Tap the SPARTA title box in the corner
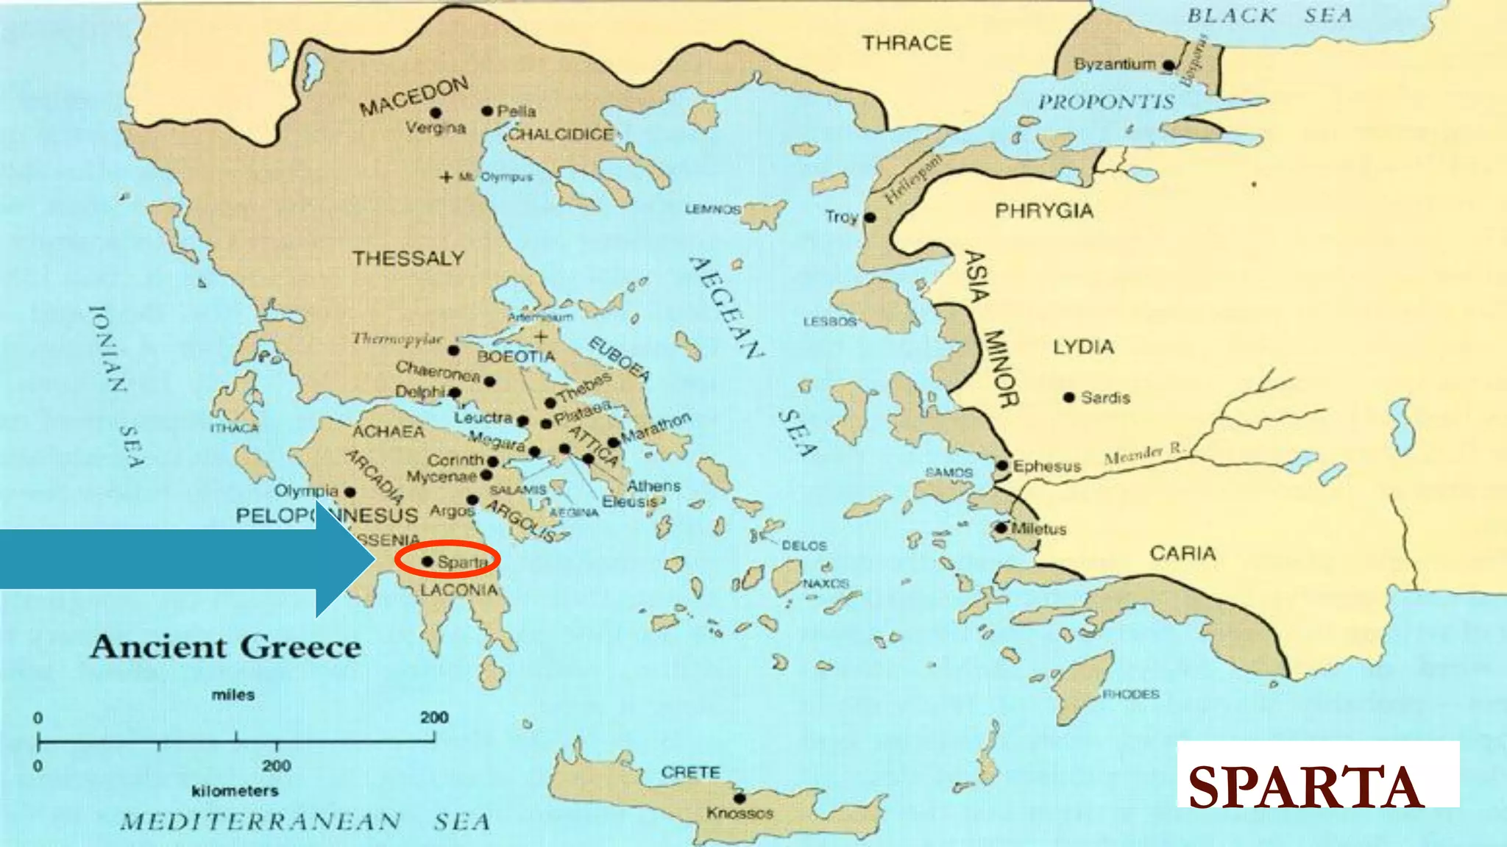coord(1317,775)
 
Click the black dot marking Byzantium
coord(1168,65)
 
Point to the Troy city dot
coord(870,218)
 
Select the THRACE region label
coord(907,43)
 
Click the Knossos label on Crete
coord(740,813)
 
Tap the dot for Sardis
coord(1068,397)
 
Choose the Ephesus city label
coord(1046,466)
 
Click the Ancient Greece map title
coord(225,647)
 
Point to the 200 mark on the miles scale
coord(434,718)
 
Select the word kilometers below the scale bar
coord(235,791)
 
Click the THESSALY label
coord(408,259)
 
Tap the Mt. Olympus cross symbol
coord(446,177)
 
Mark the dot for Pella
coord(487,111)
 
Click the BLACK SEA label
coord(1269,15)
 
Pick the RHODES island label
coord(1130,694)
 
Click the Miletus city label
coord(1038,529)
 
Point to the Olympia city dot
coord(350,492)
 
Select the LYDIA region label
coord(1082,347)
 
